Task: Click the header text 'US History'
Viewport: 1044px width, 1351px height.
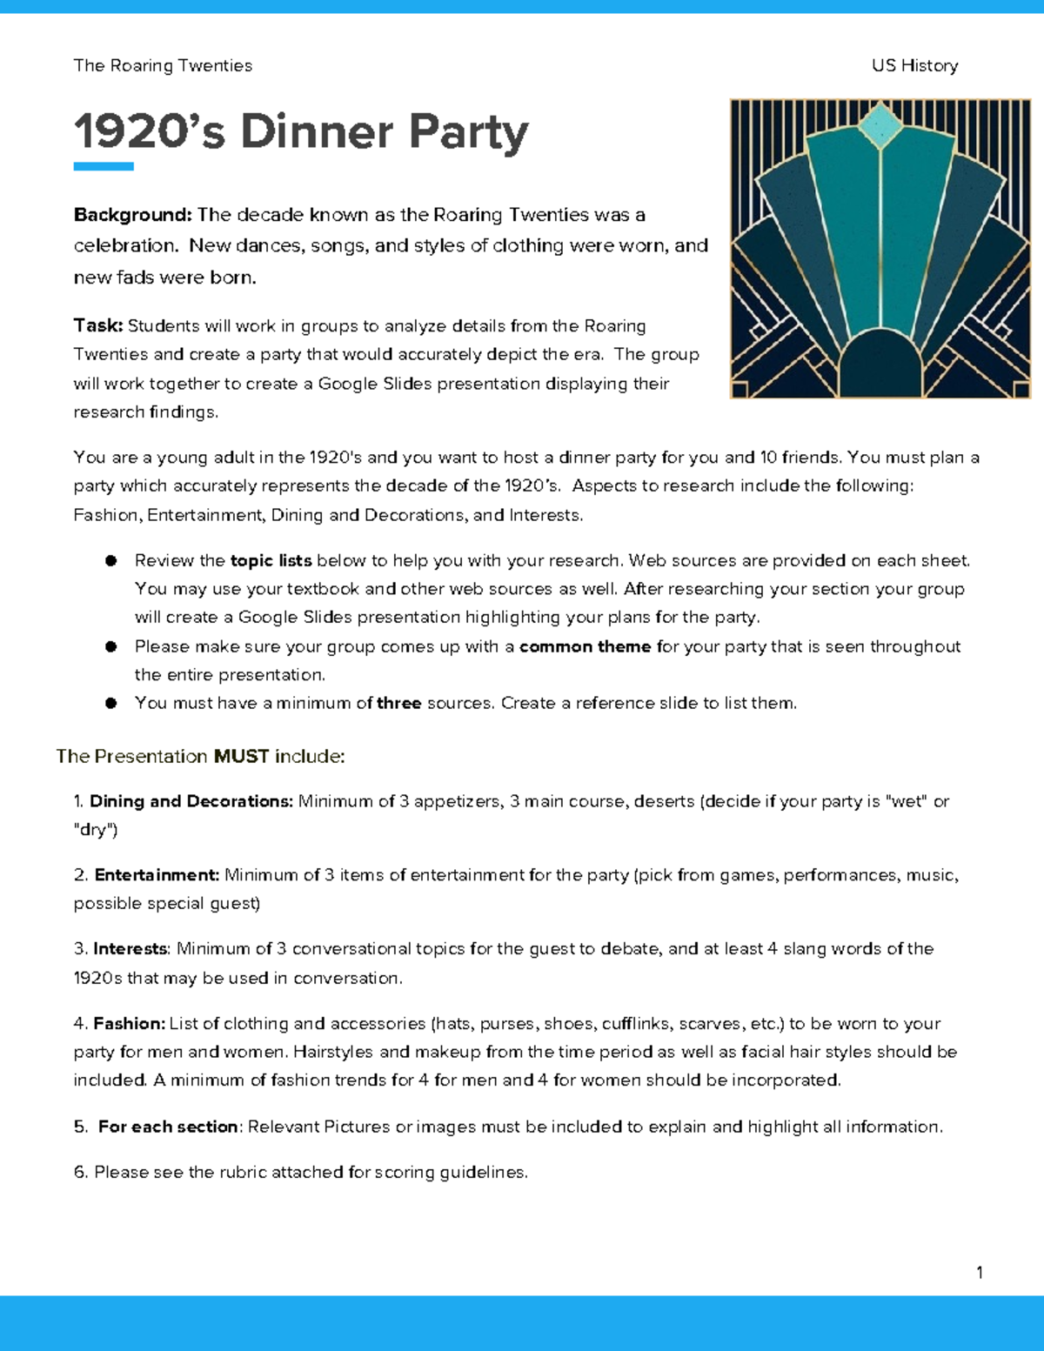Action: pos(914,66)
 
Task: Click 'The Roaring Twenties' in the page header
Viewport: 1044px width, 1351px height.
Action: pos(163,66)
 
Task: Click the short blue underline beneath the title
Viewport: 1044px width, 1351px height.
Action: pos(104,166)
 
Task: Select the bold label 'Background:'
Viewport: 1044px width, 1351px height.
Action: pos(132,215)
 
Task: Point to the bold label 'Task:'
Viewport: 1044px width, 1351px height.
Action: pos(98,325)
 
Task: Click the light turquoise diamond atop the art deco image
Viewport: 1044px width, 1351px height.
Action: pos(880,124)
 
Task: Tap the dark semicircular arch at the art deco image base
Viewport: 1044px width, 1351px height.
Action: pos(880,365)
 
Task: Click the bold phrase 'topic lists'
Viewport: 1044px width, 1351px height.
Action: pos(271,560)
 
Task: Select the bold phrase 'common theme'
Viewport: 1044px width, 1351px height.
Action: pos(585,646)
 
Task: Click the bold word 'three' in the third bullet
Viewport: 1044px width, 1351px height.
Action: pos(398,703)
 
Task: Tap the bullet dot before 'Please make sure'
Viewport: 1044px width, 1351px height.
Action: pos(111,646)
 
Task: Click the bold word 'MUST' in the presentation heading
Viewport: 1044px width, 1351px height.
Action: pos(241,757)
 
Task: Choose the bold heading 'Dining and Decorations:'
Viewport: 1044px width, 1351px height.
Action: pos(191,801)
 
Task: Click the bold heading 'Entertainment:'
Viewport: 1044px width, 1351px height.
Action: pos(157,875)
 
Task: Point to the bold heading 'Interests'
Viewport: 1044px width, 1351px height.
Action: pos(130,948)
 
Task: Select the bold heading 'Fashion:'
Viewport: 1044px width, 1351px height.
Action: pos(129,1024)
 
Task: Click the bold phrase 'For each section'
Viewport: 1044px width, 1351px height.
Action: pos(168,1127)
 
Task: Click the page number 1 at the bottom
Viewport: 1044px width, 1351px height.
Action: pos(980,1273)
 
